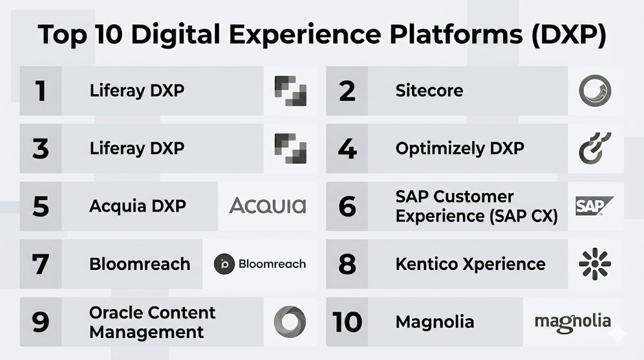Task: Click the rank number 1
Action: pyautogui.click(x=40, y=91)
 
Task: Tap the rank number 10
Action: pyautogui.click(x=347, y=322)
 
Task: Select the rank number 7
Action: pyautogui.click(x=40, y=264)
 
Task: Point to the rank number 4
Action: pyautogui.click(x=347, y=149)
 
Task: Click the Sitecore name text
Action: pyautogui.click(x=429, y=91)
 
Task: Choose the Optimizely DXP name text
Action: pyautogui.click(x=460, y=149)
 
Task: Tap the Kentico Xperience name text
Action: pyautogui.click(x=470, y=264)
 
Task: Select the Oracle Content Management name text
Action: pyautogui.click(x=152, y=322)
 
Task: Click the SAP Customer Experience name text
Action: pyautogui.click(x=477, y=206)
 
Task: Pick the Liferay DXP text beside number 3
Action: pyautogui.click(x=136, y=149)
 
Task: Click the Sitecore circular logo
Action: pyautogui.click(x=595, y=91)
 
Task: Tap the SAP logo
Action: pyautogui.click(x=594, y=206)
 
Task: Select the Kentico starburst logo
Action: pyautogui.click(x=595, y=264)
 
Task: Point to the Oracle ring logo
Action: pyautogui.click(x=289, y=322)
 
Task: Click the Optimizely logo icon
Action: pyautogui.click(x=595, y=149)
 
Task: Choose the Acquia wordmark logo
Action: pyautogui.click(x=267, y=205)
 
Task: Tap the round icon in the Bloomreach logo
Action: pyautogui.click(x=225, y=264)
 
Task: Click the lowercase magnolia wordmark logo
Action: pyautogui.click(x=572, y=323)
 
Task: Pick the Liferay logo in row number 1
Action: pyautogui.click(x=291, y=91)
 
